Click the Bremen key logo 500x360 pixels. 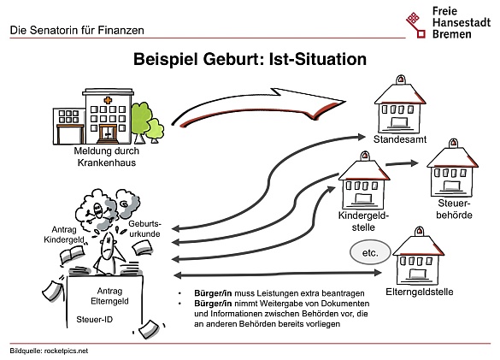(415, 25)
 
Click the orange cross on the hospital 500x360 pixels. (108, 100)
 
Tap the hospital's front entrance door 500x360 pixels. (108, 133)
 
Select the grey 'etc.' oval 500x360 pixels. (370, 253)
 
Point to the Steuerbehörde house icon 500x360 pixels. (452, 168)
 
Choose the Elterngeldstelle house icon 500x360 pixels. (418, 256)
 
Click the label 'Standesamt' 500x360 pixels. (400, 139)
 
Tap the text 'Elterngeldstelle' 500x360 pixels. (420, 292)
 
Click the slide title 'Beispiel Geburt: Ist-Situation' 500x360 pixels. (250, 59)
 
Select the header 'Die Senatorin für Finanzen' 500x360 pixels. (77, 30)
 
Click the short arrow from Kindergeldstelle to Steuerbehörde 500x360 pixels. (402, 163)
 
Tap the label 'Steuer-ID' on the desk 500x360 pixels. (94, 319)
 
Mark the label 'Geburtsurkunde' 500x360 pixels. (144, 229)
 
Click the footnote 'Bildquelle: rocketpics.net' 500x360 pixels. (49, 351)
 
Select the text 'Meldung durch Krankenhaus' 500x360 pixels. (107, 156)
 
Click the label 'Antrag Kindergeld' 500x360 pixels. (64, 234)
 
